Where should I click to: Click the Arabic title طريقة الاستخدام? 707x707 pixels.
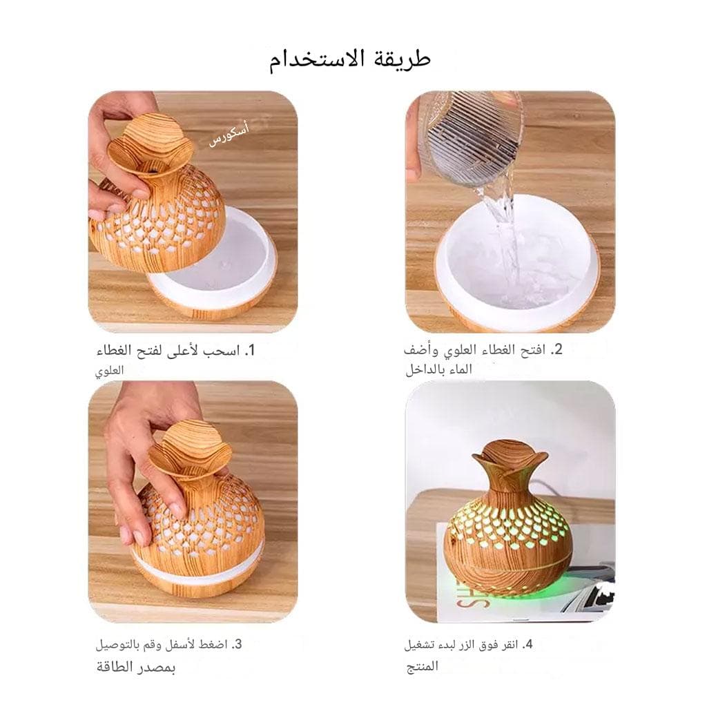pyautogui.click(x=350, y=60)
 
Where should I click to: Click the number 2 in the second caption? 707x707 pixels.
pyautogui.click(x=557, y=349)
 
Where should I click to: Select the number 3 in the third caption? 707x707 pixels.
pyautogui.click(x=238, y=644)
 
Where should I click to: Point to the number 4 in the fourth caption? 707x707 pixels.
pyautogui.click(x=527, y=644)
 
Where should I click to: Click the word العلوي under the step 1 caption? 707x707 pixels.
pyautogui.click(x=109, y=371)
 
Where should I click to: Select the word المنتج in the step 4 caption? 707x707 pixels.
pyautogui.click(x=422, y=666)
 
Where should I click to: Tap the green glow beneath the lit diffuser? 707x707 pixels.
pyautogui.click(x=510, y=595)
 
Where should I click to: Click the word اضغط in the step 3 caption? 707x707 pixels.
pyautogui.click(x=213, y=645)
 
